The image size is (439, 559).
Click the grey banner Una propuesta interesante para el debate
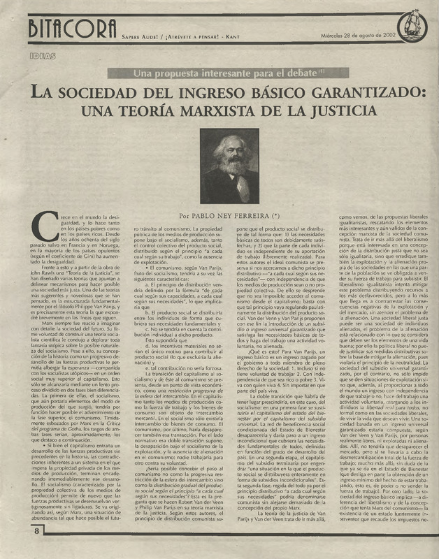(x=219, y=73)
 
